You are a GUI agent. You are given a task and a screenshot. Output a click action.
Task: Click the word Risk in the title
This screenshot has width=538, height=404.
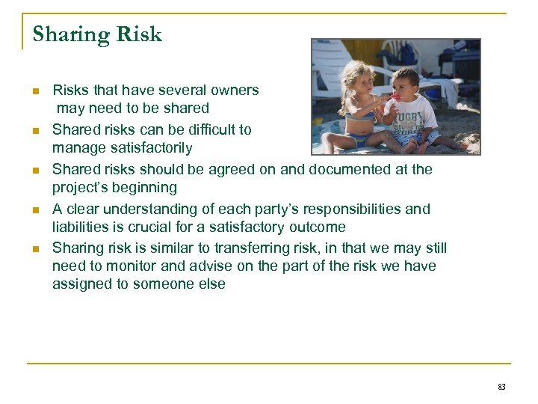tap(137, 34)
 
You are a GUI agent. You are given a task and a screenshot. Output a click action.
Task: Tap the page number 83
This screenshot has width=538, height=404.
tap(501, 387)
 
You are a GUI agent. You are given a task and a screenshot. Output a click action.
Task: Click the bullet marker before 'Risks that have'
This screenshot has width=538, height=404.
tap(35, 91)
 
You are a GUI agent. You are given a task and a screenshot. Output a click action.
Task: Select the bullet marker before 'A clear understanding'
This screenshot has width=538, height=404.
tap(35, 209)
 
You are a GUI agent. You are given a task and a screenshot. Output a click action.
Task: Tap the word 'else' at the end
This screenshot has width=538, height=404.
tap(212, 285)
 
